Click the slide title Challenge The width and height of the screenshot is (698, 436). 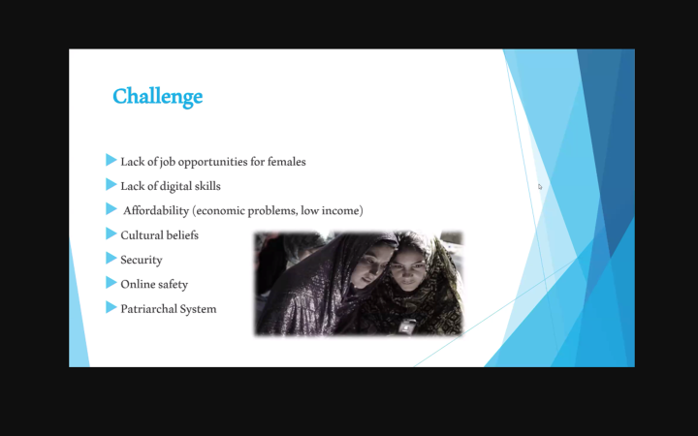pyautogui.click(x=157, y=97)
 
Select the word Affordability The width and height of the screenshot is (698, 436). pyautogui.click(x=156, y=210)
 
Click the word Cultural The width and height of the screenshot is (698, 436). pyautogui.click(x=143, y=234)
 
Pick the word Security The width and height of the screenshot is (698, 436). pyautogui.click(x=142, y=260)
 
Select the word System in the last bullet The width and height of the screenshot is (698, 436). pyautogui.click(x=199, y=309)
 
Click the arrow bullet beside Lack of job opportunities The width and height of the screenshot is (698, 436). pyautogui.click(x=111, y=160)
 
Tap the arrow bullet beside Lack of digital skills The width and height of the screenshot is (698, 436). pyautogui.click(x=111, y=184)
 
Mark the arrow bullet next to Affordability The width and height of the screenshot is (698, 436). pyautogui.click(x=111, y=208)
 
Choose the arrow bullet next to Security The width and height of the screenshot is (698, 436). pyautogui.click(x=111, y=258)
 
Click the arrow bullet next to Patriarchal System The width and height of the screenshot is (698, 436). pyautogui.click(x=111, y=307)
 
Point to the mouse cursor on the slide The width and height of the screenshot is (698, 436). pyautogui.click(x=540, y=187)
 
